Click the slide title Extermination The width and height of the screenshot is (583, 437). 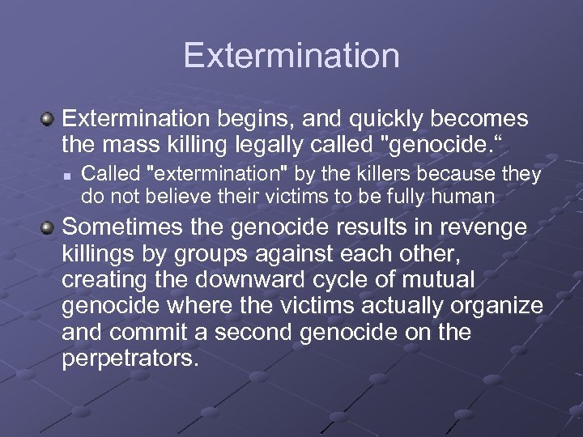[x=291, y=56]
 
